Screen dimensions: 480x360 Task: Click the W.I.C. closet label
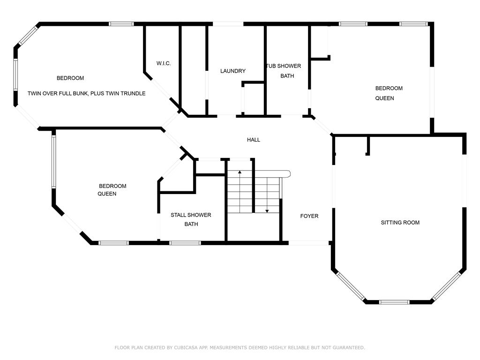164,63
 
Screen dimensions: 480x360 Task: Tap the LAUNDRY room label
233,71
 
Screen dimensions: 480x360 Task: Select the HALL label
254,140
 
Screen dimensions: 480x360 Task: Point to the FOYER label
309,216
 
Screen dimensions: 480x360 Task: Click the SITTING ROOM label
400,223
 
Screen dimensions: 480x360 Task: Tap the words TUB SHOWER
284,66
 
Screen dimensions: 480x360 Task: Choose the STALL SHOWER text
191,215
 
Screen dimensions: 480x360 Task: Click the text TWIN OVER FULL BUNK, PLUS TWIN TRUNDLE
86,93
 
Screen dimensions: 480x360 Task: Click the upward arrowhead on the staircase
240,172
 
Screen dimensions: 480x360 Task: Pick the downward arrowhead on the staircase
267,211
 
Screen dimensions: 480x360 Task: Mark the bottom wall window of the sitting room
394,302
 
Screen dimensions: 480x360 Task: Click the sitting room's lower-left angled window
350,286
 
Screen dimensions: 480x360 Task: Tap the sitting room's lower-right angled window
446,286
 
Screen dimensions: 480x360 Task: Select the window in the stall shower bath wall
185,243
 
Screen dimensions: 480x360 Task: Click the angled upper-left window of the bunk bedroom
28,36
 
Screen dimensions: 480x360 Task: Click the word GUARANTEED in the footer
348,347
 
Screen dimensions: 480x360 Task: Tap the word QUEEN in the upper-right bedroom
384,98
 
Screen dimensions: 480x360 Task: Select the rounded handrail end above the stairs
288,174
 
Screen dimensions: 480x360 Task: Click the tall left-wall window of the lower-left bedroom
54,162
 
